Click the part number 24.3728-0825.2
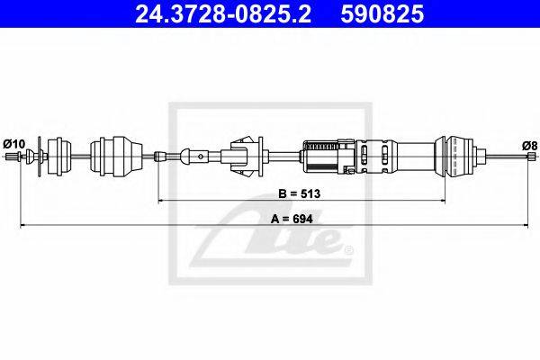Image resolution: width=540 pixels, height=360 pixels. coord(223,13)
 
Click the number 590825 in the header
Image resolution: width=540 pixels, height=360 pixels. coord(382,13)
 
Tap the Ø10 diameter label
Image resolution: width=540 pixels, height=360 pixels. coord(14,144)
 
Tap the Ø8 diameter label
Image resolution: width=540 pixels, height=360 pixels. coord(530,146)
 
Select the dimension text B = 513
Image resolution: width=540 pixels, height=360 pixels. coord(300,193)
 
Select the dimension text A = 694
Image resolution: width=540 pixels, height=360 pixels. coord(292,219)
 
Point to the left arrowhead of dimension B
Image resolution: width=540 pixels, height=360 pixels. coord(160,200)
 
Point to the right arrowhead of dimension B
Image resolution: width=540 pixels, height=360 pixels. coord(443,200)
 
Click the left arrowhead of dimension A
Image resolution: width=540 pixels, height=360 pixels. coord(23,225)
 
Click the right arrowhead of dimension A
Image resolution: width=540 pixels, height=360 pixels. coord(526,225)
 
